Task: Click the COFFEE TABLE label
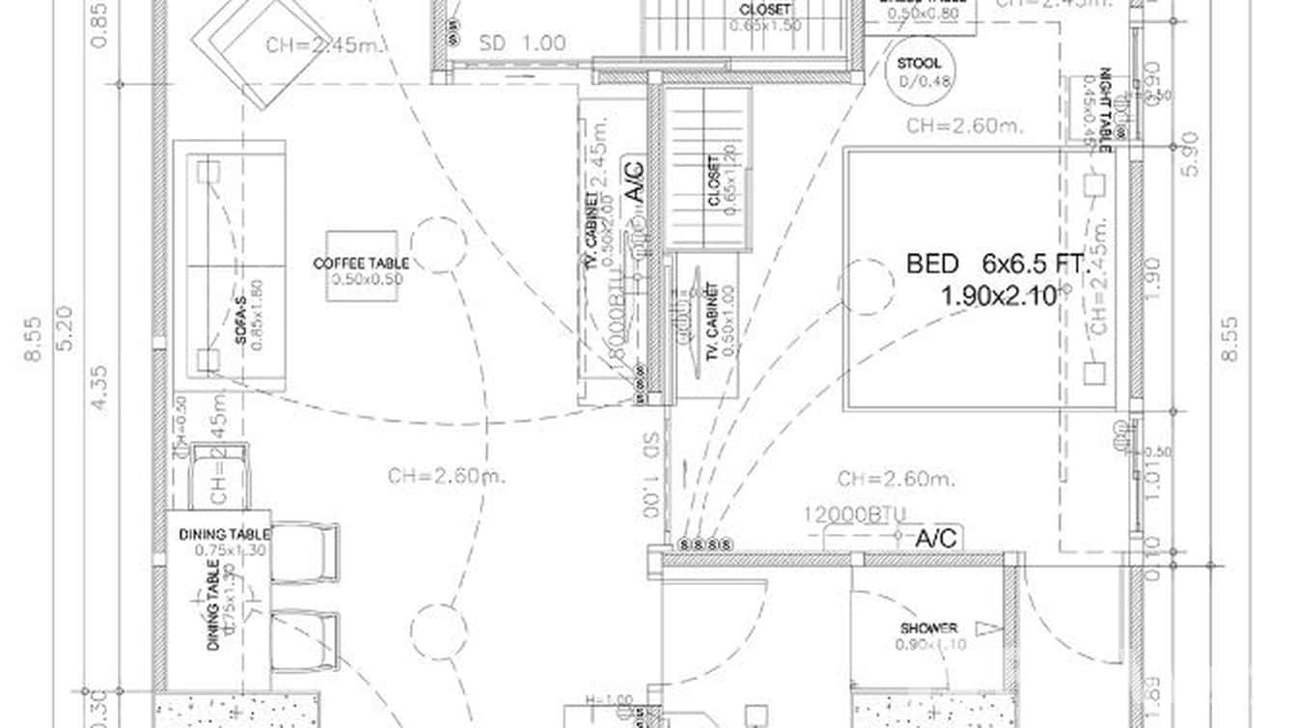coord(361,263)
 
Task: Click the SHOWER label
coord(929,628)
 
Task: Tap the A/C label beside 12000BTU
coord(935,538)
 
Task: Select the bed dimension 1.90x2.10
coord(1000,296)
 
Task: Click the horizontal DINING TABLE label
coord(224,534)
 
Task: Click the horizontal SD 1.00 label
coord(522,43)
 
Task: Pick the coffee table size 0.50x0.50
coord(367,280)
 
